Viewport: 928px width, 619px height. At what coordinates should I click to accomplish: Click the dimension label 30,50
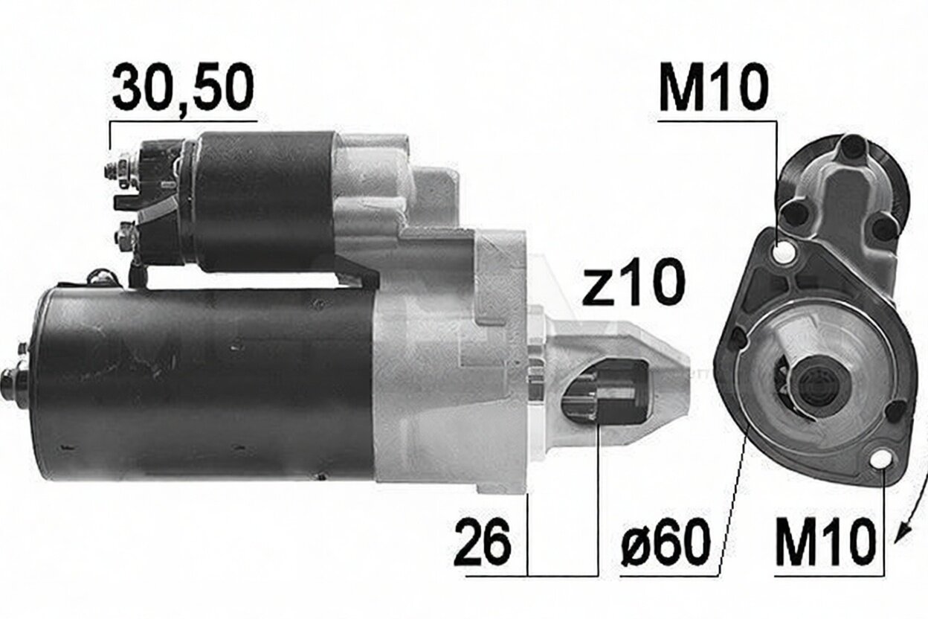(183, 87)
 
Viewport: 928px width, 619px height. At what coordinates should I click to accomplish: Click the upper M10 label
(713, 87)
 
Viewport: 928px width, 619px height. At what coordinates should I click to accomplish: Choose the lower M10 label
(825, 544)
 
